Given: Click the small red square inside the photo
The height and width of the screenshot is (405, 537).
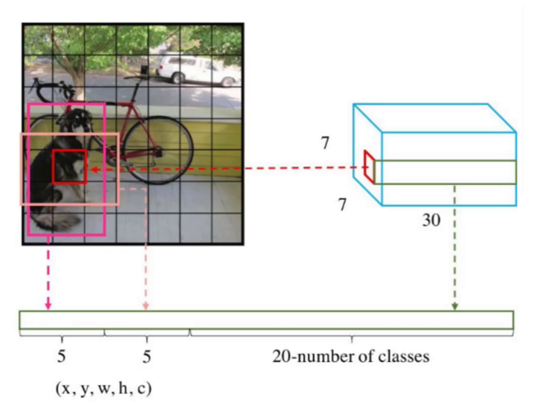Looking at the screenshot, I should [69, 167].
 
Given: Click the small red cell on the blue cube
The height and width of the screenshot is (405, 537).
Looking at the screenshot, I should [369, 167].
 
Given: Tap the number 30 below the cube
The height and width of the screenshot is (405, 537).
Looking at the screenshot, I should [430, 222].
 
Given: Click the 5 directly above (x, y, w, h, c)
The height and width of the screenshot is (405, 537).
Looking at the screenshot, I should [61, 357].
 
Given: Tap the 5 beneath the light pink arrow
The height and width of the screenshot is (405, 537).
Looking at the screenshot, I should [147, 357].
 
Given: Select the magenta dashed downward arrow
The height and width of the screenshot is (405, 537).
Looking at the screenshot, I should [48, 272].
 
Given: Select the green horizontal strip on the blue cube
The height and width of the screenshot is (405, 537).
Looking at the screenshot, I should [443, 172].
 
